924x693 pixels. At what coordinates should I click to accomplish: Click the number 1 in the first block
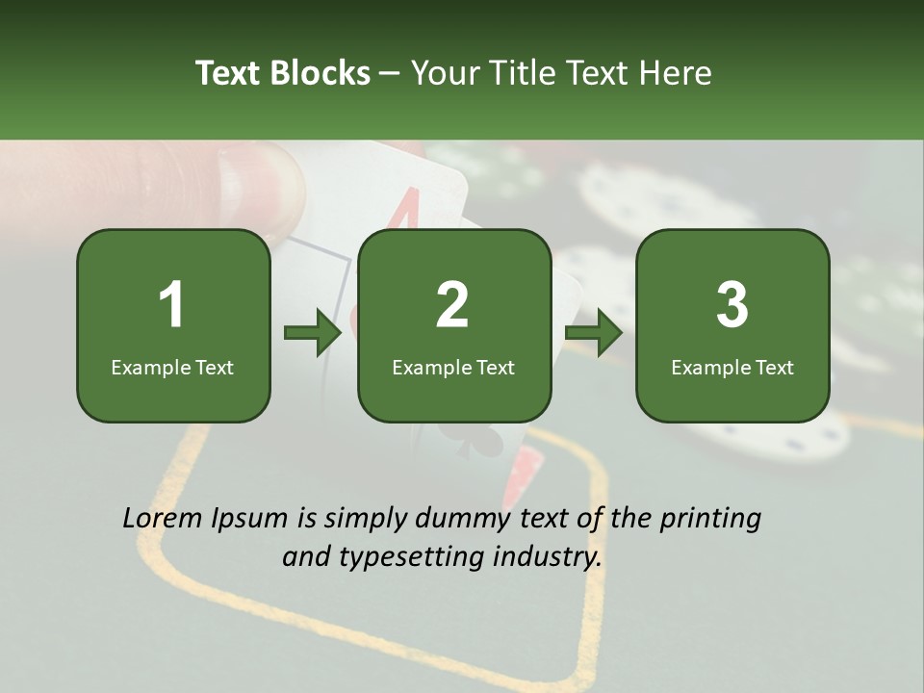pyautogui.click(x=171, y=304)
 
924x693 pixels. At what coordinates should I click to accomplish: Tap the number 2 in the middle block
pyautogui.click(x=452, y=304)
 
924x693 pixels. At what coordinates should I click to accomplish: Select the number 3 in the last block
pyautogui.click(x=731, y=304)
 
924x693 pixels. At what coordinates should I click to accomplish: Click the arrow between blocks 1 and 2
pyautogui.click(x=313, y=332)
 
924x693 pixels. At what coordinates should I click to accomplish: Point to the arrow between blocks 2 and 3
pyautogui.click(x=594, y=332)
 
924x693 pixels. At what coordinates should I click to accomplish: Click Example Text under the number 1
pyautogui.click(x=172, y=368)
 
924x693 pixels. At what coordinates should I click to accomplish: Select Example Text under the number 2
pyautogui.click(x=453, y=368)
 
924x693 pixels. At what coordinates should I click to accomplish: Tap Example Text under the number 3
pyautogui.click(x=732, y=368)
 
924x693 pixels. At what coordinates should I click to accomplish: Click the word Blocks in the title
pyautogui.click(x=320, y=72)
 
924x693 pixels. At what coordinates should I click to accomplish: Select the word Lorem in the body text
pyautogui.click(x=162, y=518)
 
